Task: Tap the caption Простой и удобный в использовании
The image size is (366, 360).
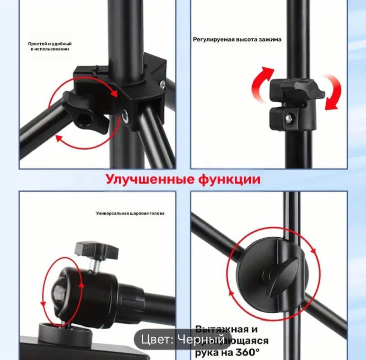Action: coord(50,46)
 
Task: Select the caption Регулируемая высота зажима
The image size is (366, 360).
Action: coord(237,39)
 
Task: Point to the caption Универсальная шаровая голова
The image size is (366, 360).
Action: coord(130,213)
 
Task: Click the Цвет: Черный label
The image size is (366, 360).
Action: coord(183,339)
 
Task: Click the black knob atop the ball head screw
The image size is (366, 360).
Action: coord(96,250)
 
